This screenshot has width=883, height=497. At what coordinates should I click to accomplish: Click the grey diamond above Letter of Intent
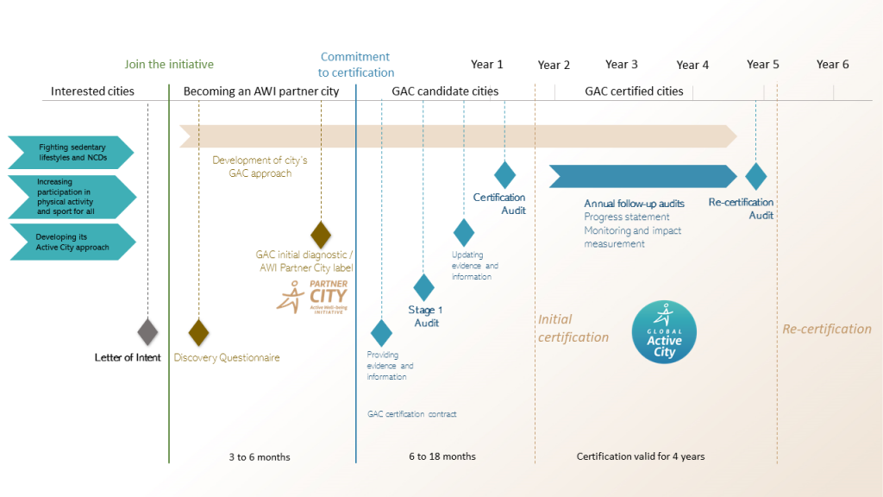click(148, 331)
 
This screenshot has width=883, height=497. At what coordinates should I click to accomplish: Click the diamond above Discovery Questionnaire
click(199, 331)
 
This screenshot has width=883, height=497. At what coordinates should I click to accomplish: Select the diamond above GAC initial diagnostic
click(321, 234)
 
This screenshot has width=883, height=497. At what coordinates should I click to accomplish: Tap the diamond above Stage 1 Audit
click(423, 287)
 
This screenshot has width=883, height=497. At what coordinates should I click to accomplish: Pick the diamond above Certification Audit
click(504, 174)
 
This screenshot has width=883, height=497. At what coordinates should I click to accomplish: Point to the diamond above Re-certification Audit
click(755, 175)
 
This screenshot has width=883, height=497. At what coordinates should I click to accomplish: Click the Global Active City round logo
click(664, 333)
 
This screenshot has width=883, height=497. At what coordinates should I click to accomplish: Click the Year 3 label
click(622, 64)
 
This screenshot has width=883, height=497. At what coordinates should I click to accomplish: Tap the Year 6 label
click(833, 64)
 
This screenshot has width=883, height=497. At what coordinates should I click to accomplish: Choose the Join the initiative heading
click(169, 64)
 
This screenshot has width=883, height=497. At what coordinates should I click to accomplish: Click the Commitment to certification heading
click(355, 65)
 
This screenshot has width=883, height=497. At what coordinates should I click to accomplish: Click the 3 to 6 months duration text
click(260, 456)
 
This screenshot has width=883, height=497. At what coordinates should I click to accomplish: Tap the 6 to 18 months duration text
click(442, 456)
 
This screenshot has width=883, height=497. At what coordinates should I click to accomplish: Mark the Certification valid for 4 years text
click(641, 456)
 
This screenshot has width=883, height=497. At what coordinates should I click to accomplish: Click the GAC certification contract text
click(412, 414)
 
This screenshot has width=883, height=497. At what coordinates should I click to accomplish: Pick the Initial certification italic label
click(573, 328)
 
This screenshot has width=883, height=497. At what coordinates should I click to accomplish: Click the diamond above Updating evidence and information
click(464, 232)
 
